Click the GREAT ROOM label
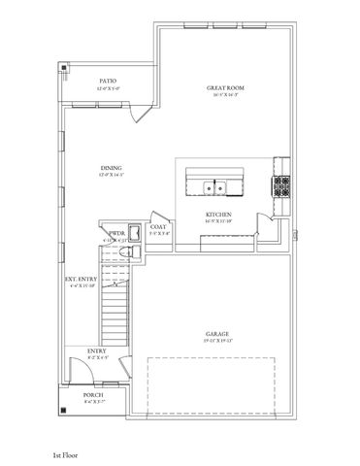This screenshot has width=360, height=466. (224, 88)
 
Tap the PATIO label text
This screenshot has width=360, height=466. (109, 82)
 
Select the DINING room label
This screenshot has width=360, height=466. (111, 169)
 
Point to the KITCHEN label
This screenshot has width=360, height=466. (216, 214)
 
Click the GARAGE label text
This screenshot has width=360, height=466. (216, 333)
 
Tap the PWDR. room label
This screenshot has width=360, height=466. (117, 233)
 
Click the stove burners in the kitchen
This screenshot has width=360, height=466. (282, 184)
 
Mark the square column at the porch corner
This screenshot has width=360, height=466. (65, 410)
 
